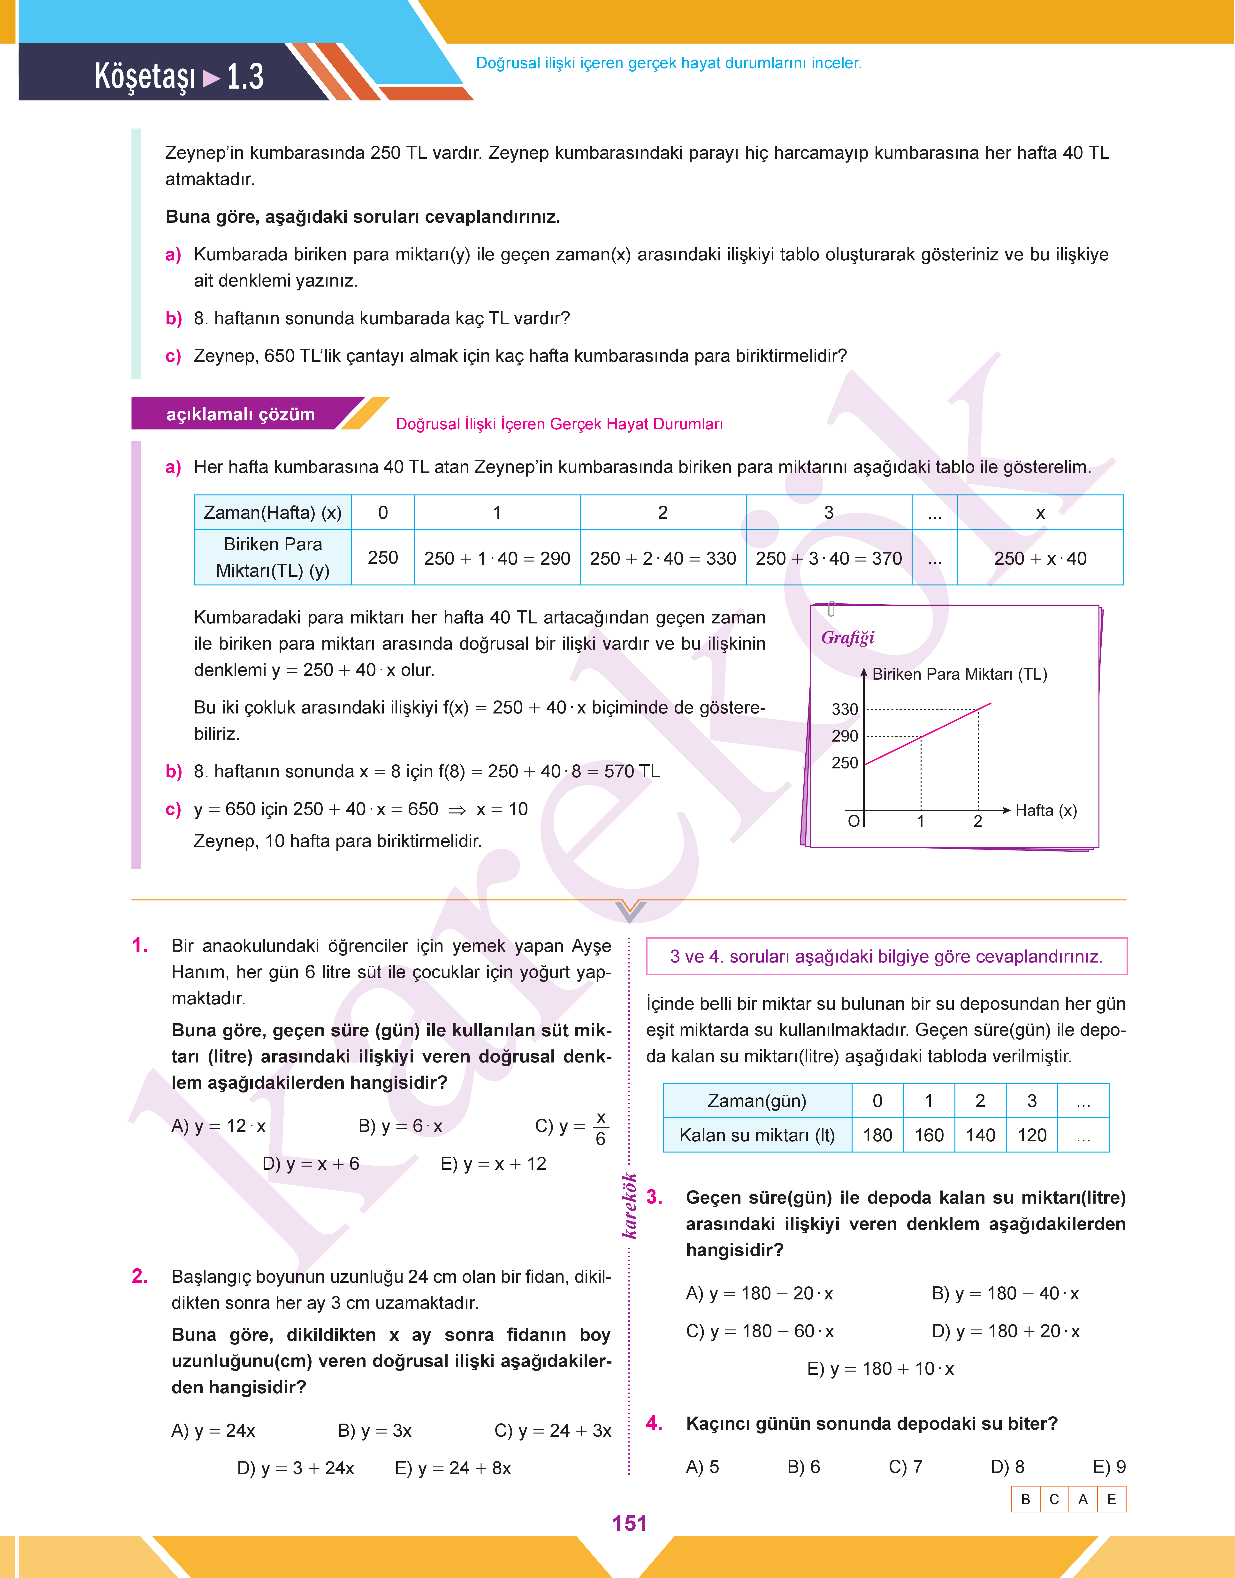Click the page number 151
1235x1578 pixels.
(629, 1523)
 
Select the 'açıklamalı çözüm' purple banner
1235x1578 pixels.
(241, 414)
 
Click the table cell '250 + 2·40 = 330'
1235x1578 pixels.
(662, 558)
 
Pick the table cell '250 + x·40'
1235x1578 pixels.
(1040, 558)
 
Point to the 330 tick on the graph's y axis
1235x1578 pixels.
(845, 709)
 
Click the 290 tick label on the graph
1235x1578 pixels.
(845, 736)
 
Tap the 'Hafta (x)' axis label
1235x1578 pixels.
(1045, 810)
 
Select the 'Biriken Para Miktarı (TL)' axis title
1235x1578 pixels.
(960, 674)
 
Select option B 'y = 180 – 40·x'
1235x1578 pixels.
(1005, 1293)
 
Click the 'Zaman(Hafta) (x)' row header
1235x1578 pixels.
(273, 513)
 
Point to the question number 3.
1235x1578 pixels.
(654, 1197)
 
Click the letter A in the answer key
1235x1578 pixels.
(1083, 1499)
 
